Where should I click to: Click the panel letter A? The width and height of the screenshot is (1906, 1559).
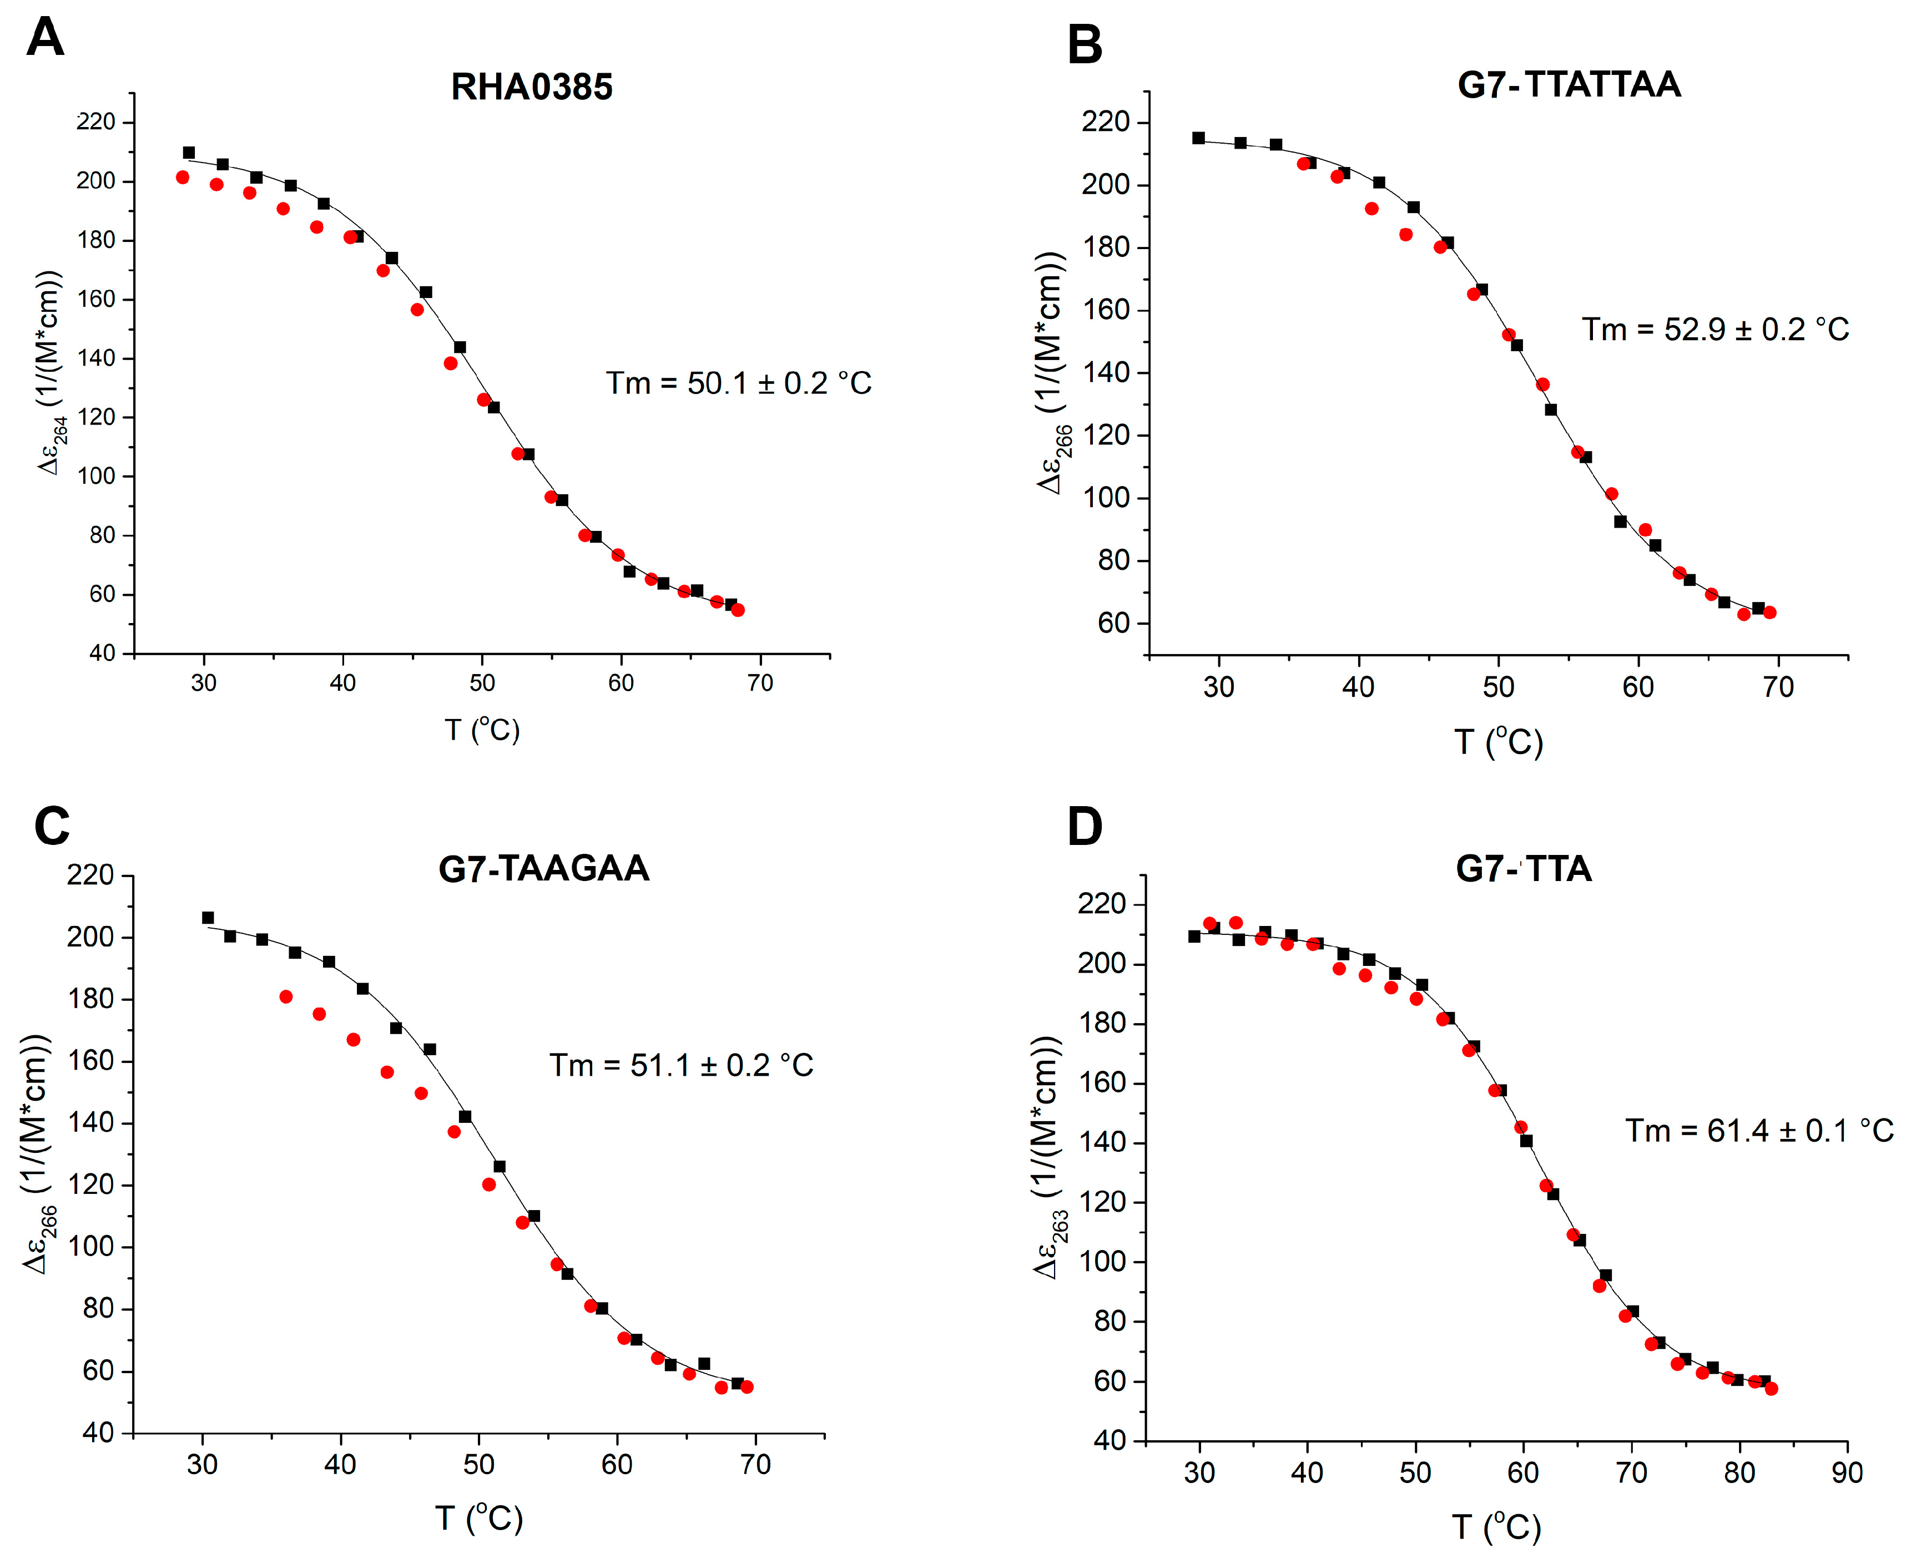pos(45,38)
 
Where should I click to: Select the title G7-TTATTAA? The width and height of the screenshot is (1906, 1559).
pos(1569,84)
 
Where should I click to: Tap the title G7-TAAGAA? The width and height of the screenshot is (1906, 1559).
pos(543,868)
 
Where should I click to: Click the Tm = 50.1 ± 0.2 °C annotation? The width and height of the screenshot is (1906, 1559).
pos(738,383)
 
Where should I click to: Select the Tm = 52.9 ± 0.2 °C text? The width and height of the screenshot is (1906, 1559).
pos(1715,330)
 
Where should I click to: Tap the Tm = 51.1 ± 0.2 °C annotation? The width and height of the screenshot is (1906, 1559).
pos(681,1065)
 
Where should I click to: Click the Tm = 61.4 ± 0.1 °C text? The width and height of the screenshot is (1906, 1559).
pos(1759,1131)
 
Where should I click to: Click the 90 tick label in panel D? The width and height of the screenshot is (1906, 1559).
pos(1847,1473)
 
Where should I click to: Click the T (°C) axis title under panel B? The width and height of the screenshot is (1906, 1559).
pos(1498,742)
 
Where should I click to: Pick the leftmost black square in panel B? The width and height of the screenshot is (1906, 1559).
pos(1198,138)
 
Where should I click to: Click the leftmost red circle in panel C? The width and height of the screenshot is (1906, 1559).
pos(286,997)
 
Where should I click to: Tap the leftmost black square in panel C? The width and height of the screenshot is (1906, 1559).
pos(208,918)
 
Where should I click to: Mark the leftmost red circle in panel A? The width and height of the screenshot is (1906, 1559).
pos(183,178)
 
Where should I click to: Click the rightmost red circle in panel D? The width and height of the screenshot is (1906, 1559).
pos(1771,1388)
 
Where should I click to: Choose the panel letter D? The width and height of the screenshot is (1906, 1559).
pos(1084,826)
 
